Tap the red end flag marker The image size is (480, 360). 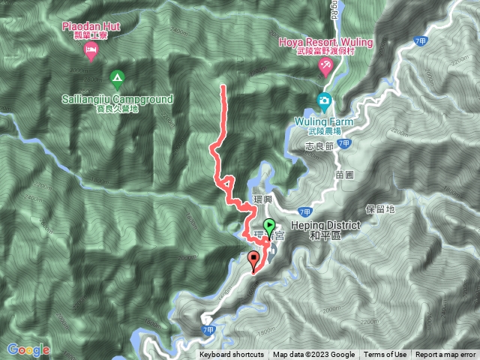tap(254, 261)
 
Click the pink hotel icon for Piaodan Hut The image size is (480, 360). tap(90, 51)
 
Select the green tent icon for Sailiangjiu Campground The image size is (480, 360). tap(116, 77)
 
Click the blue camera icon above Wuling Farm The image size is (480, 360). tap(324, 100)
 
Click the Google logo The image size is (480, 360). tap(28, 349)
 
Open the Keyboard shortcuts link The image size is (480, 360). tap(232, 355)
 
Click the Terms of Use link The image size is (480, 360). tap(385, 355)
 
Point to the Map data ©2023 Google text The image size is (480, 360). tap(313, 355)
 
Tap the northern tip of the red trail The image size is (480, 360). tap(223, 88)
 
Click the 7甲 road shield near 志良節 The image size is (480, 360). tap(343, 142)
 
